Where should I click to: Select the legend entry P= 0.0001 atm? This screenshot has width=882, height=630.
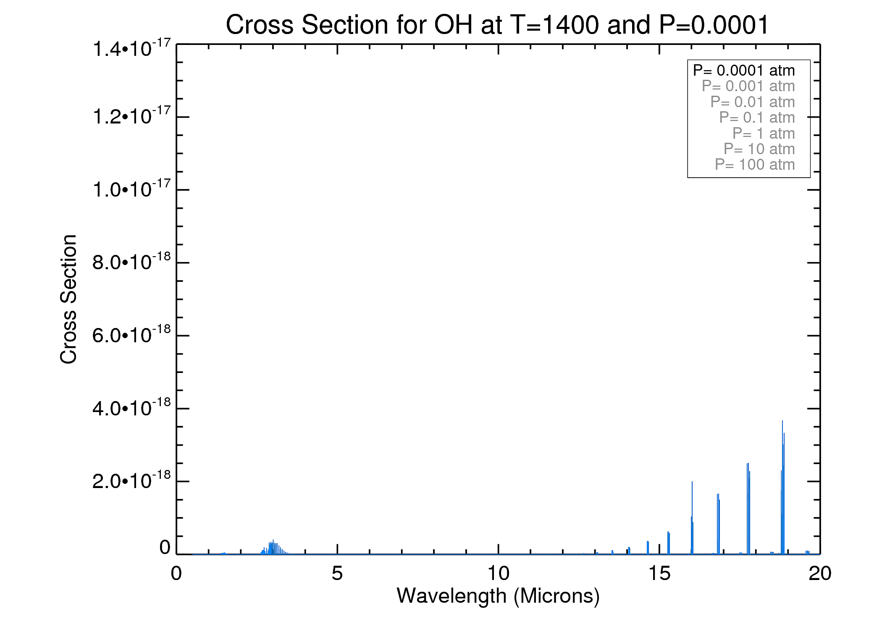[x=744, y=71]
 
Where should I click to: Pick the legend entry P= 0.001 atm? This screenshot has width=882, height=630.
[x=748, y=86]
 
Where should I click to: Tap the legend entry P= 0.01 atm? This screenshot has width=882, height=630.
[x=752, y=102]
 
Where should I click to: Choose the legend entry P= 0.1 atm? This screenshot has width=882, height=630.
[x=757, y=118]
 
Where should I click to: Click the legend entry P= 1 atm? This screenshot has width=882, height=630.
[x=763, y=134]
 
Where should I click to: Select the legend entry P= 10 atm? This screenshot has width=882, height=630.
[x=759, y=149]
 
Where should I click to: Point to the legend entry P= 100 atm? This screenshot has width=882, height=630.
[x=755, y=165]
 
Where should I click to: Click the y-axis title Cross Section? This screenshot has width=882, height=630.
[x=68, y=299]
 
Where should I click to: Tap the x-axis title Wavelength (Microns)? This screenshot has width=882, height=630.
[x=498, y=596]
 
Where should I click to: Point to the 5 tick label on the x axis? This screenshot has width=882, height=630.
[x=337, y=573]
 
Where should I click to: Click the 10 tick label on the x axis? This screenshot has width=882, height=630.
[x=498, y=573]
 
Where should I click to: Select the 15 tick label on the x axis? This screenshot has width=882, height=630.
[x=659, y=573]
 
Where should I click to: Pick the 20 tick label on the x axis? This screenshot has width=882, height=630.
[x=820, y=573]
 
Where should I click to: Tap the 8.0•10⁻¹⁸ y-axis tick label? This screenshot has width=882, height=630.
[x=131, y=262]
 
